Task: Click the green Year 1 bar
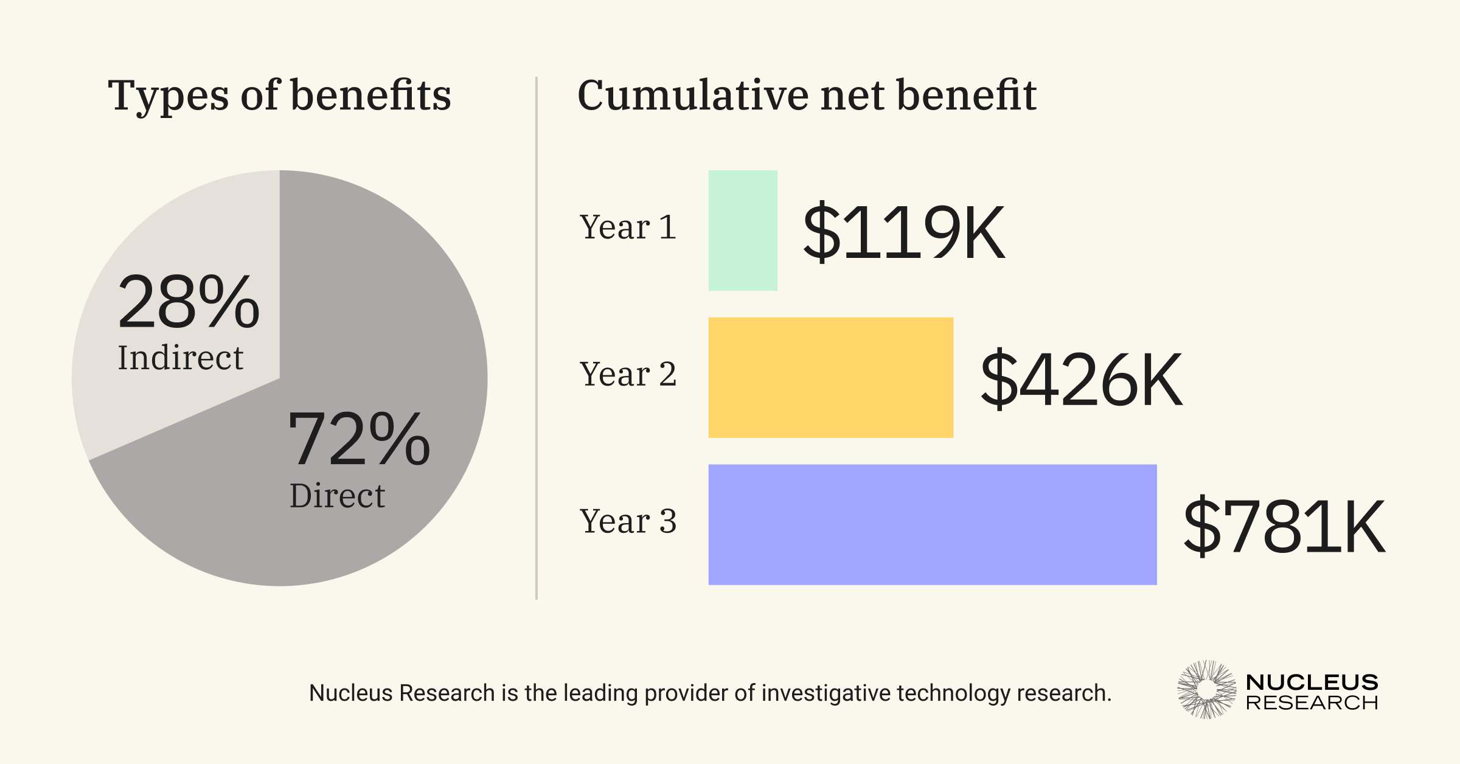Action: pyautogui.click(x=743, y=230)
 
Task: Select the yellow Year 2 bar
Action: pyautogui.click(x=830, y=377)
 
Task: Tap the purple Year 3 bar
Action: pyautogui.click(x=932, y=524)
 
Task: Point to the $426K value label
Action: pyautogui.click(x=1081, y=380)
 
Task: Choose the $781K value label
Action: pyautogui.click(x=1284, y=527)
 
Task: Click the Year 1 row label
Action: pyautogui.click(x=628, y=227)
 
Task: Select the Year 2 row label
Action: pyautogui.click(x=628, y=374)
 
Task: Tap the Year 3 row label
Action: pyautogui.click(x=628, y=521)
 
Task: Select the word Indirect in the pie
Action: pyautogui.click(x=180, y=358)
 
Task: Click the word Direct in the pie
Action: pyautogui.click(x=337, y=496)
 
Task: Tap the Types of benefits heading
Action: pyautogui.click(x=279, y=95)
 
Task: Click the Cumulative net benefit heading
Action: pyautogui.click(x=807, y=95)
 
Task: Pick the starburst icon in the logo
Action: pyautogui.click(x=1206, y=689)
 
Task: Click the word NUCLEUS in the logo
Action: pyautogui.click(x=1312, y=682)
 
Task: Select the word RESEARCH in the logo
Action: pyautogui.click(x=1312, y=703)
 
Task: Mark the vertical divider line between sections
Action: pyautogui.click(x=536, y=338)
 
